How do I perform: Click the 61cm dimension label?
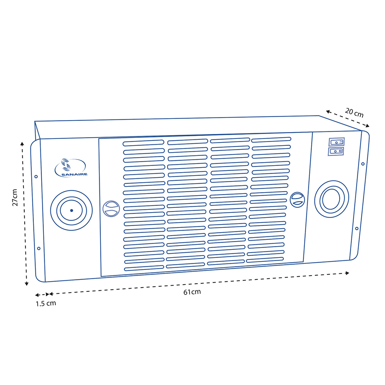pyautogui.click(x=192, y=292)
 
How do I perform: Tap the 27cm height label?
pyautogui.click(x=15, y=197)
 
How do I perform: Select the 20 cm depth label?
pyautogui.click(x=354, y=112)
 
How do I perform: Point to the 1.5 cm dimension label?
pyautogui.click(x=46, y=303)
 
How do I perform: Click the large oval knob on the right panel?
pyautogui.click(x=331, y=199)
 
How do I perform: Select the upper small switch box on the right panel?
pyautogui.click(x=336, y=142)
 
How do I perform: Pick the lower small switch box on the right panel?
pyautogui.click(x=336, y=151)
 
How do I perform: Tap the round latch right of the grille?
pyautogui.click(x=297, y=199)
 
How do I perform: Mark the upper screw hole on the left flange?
pyautogui.click(x=36, y=177)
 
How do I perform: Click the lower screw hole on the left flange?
pyautogui.click(x=38, y=248)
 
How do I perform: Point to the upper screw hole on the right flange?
pyautogui.click(x=363, y=164)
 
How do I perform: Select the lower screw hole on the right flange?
pyautogui.click(x=357, y=228)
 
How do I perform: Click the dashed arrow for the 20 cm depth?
pyautogui.click(x=348, y=118)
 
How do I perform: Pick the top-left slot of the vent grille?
pyautogui.click(x=144, y=143)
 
